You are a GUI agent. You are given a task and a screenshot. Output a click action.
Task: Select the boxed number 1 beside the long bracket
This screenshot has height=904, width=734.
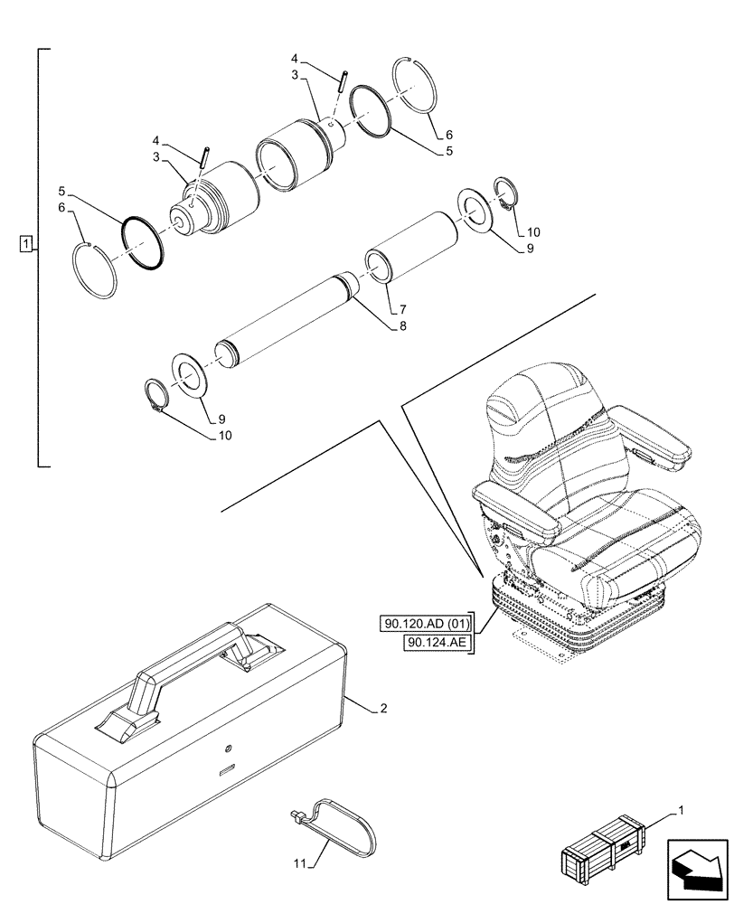pyautogui.click(x=27, y=244)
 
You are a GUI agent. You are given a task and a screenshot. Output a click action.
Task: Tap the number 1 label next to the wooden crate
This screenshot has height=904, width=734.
pyautogui.click(x=680, y=815)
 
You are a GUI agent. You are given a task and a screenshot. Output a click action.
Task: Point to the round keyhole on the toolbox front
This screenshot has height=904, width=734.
pyautogui.click(x=227, y=749)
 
